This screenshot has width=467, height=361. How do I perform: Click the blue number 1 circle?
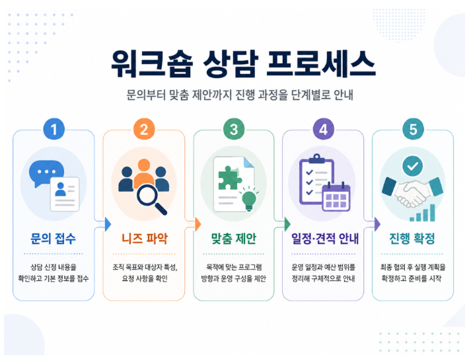54,129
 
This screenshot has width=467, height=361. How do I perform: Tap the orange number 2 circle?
144,129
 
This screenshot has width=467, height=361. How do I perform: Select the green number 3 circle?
234,129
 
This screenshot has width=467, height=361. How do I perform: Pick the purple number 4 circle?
324,129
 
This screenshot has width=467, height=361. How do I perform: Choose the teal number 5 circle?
413,129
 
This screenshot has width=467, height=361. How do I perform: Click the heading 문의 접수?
54,239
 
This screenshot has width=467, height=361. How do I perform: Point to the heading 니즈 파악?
145,239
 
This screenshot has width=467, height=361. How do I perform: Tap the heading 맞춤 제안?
234,239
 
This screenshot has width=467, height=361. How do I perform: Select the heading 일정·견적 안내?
325,239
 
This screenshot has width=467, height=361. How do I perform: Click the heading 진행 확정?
412,239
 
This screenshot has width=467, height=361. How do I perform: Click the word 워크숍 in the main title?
152,63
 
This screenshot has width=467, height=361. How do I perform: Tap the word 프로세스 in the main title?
321,63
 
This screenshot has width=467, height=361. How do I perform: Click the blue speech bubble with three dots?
46,173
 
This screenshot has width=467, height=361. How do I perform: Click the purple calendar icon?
336,196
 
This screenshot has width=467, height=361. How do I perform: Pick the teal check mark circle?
412,166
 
